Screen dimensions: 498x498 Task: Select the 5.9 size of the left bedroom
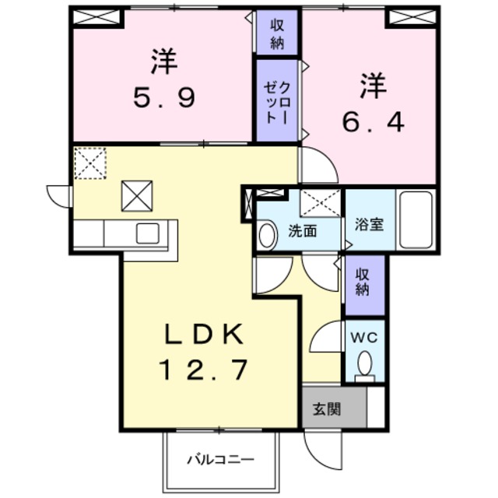pyautogui.click(x=162, y=99)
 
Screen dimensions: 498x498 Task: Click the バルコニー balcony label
pyautogui.click(x=219, y=459)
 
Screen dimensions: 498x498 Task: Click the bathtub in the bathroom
pyautogui.click(x=414, y=219)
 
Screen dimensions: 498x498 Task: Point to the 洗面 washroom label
pyautogui.click(x=302, y=231)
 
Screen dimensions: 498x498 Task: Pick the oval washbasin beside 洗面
pyautogui.click(x=268, y=235)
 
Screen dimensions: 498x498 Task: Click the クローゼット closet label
pyautogui.click(x=277, y=101)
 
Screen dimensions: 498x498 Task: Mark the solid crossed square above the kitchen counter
pyautogui.click(x=137, y=196)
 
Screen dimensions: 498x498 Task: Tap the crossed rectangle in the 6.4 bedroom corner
pyautogui.click(x=411, y=16)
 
